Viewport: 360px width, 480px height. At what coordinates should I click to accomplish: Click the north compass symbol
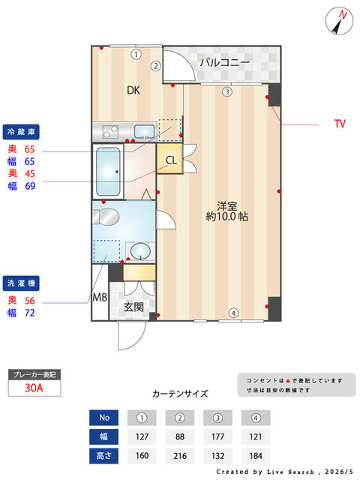tap(339, 21)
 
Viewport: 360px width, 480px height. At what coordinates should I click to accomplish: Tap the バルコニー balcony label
tap(225, 63)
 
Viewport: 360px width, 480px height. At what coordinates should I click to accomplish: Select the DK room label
tap(133, 90)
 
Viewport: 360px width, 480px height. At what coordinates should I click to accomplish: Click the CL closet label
tap(171, 160)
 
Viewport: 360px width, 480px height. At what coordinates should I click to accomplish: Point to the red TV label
tap(340, 123)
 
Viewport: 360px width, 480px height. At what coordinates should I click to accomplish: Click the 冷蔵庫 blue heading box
tap(21, 132)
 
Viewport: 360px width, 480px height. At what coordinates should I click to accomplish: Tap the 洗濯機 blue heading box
tap(21, 283)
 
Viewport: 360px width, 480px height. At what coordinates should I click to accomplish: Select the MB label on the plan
tap(100, 297)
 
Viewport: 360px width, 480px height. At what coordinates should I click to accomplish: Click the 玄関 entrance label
tap(133, 307)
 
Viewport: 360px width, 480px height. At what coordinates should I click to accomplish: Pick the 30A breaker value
tap(34, 388)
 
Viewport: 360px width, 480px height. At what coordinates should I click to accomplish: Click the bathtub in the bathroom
tap(108, 172)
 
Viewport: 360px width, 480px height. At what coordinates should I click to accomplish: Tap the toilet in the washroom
tap(106, 217)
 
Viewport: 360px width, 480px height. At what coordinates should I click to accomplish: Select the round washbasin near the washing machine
tap(141, 251)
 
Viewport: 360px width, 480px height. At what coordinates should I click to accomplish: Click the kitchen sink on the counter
tap(145, 131)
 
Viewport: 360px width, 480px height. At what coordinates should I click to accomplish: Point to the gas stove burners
tap(110, 132)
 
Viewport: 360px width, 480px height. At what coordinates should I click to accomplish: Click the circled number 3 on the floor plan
tap(226, 91)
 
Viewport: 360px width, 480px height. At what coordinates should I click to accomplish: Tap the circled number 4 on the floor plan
tap(233, 313)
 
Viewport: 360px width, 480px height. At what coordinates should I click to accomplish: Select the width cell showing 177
tap(217, 436)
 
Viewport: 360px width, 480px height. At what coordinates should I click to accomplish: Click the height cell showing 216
tap(180, 456)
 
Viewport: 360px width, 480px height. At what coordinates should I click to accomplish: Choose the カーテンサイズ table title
tap(180, 394)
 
